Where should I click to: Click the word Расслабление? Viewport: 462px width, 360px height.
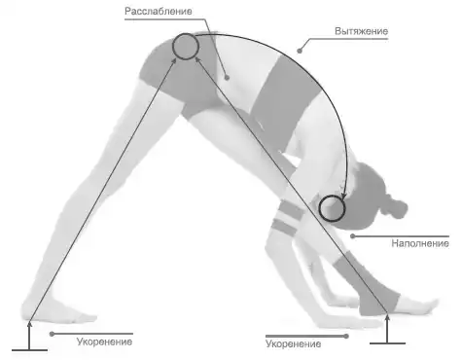159,12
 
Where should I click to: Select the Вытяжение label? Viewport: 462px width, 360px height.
361,31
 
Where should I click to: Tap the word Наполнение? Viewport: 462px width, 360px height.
420,243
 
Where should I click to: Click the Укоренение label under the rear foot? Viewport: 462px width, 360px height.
104,342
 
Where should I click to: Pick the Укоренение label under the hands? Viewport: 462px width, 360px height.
294,343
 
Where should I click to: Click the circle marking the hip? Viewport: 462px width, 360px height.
185,47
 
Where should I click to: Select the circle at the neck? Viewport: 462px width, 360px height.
332,208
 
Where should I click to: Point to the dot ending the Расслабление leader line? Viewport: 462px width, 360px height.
227,78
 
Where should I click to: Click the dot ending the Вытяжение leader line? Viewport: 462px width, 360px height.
300,51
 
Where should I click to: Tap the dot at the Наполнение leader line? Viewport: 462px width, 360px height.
353,236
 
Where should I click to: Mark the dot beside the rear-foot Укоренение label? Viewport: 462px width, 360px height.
52,334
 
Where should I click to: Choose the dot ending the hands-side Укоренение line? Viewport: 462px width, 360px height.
346,337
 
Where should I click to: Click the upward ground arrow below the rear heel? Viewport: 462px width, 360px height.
29,336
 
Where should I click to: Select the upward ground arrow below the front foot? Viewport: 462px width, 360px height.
387,329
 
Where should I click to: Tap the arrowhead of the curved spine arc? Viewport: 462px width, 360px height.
343,196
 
